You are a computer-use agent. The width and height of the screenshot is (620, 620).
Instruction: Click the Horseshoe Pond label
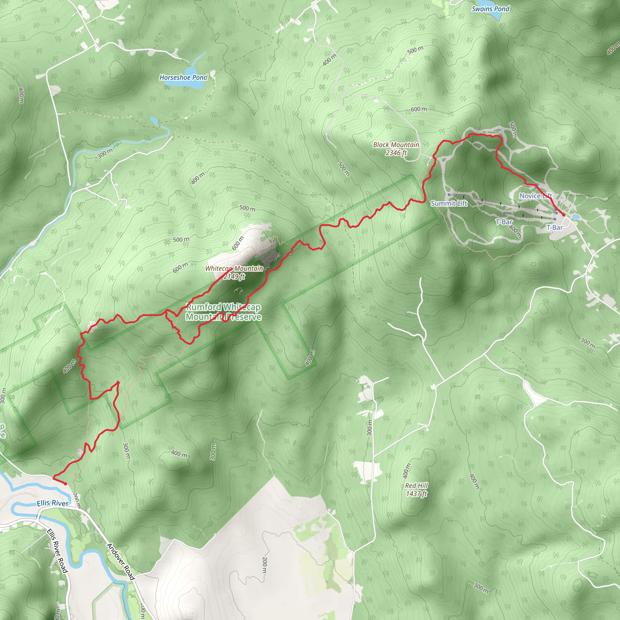[183, 77]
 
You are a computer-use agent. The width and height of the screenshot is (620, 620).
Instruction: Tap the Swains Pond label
[490, 9]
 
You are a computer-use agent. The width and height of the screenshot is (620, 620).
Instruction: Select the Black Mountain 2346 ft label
[396, 149]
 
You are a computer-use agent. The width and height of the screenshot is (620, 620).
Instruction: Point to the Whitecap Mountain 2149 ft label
[234, 272]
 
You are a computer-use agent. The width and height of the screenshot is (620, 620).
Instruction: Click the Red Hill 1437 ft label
[416, 490]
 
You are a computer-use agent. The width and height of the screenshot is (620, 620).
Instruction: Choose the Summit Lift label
[449, 203]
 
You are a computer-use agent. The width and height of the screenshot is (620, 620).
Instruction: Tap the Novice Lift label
[535, 196]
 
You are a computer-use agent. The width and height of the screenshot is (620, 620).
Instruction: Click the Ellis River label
[52, 503]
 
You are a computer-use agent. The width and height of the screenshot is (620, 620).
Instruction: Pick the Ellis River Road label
[58, 551]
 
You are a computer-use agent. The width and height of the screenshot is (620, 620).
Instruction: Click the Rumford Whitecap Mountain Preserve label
[223, 312]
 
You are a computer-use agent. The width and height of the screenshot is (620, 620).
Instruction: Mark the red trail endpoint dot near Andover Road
[65, 483]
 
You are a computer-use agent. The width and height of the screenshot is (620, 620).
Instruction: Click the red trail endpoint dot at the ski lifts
[563, 215]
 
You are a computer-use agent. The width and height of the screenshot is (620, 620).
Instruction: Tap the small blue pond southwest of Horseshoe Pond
[154, 121]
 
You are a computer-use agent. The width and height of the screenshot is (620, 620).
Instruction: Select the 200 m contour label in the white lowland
[264, 565]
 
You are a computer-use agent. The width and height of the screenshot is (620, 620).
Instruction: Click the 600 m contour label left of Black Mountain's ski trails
[419, 109]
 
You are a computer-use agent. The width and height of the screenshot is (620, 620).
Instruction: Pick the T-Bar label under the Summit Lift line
[504, 222]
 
